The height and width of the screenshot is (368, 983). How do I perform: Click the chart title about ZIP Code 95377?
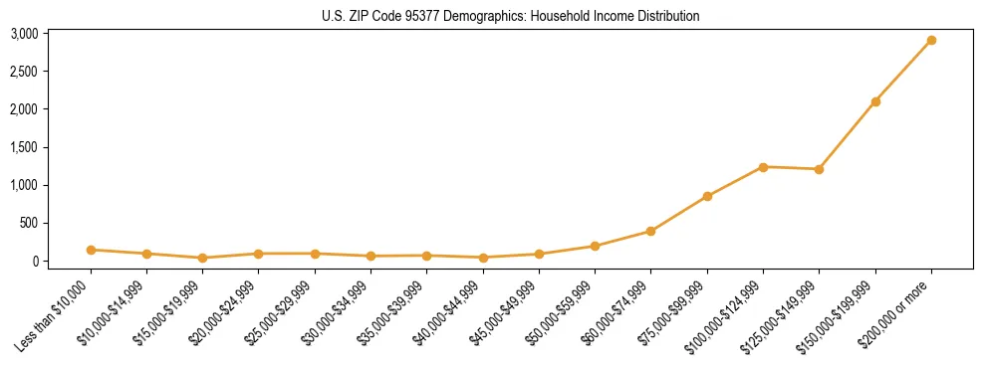(x=511, y=16)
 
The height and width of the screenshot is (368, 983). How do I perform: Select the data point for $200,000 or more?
(x=931, y=41)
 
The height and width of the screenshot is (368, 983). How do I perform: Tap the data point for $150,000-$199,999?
(x=875, y=101)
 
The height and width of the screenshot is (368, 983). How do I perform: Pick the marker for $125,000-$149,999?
(x=819, y=169)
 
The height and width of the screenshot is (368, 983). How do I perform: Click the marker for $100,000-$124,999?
(x=763, y=167)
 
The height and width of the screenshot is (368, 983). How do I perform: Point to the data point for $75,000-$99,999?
(x=707, y=196)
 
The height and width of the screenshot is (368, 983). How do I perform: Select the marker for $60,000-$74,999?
(x=650, y=231)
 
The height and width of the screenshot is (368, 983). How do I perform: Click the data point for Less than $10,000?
(x=91, y=250)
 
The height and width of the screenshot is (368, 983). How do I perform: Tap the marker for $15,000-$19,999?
(x=202, y=258)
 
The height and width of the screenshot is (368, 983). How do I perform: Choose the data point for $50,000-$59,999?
(x=595, y=246)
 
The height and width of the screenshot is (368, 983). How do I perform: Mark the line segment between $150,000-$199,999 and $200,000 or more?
(x=903, y=72)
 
